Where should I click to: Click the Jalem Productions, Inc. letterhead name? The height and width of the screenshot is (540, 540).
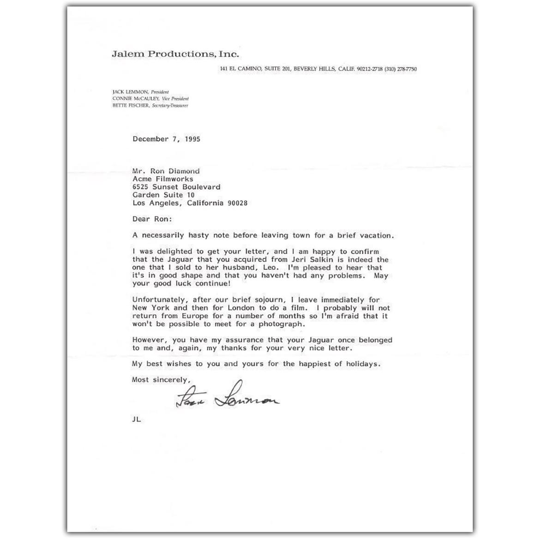175,54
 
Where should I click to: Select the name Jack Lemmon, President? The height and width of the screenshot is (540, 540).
141,92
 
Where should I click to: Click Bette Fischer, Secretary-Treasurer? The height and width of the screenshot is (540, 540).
150,106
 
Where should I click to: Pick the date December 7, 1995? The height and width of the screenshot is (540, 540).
166,139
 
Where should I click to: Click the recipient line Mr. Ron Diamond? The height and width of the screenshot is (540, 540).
166,171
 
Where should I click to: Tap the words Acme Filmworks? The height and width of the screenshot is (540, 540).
163,179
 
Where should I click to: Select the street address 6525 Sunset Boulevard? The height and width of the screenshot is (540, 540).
176,187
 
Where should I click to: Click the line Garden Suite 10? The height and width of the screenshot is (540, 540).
163,195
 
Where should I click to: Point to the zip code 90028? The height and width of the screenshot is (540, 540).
237,203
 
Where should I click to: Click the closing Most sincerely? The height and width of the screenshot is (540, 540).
161,380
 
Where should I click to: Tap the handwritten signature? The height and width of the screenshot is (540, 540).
228,397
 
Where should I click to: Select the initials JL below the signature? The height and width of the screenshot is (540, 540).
136,420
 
